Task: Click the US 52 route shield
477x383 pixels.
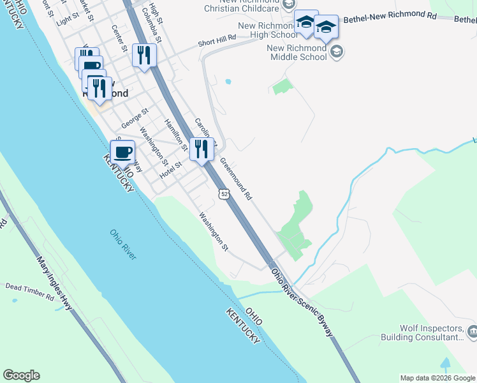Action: (x=221, y=193)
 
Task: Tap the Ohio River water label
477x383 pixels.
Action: (x=123, y=244)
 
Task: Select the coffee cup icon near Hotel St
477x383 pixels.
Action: (x=123, y=153)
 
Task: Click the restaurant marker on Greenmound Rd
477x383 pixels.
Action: (x=202, y=150)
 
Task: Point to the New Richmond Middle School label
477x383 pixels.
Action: (x=297, y=52)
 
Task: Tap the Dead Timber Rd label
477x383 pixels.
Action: (x=30, y=292)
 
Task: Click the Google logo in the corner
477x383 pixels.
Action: (x=21, y=375)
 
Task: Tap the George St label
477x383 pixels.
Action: (x=135, y=115)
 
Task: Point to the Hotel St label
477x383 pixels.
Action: (x=171, y=169)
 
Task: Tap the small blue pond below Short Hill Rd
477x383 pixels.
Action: (x=228, y=82)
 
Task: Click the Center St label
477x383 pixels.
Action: (x=119, y=38)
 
